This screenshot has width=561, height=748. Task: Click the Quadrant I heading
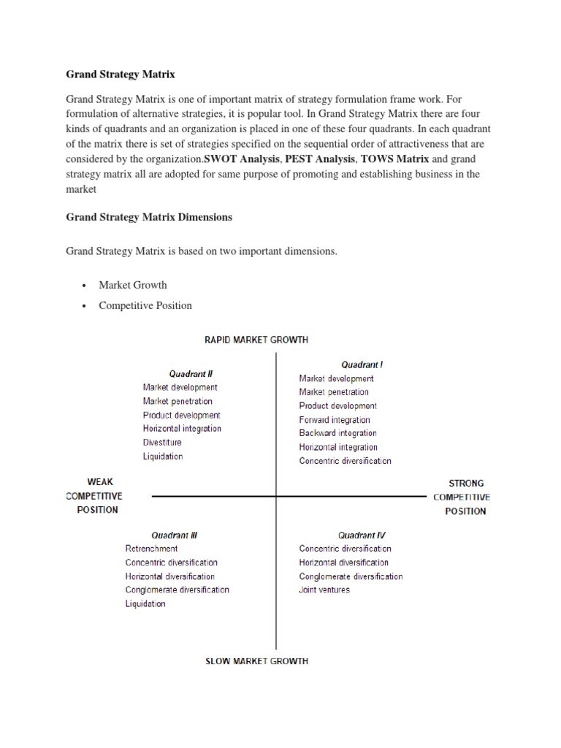click(362, 364)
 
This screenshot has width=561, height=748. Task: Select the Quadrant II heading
click(191, 373)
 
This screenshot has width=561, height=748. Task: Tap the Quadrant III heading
click(174, 535)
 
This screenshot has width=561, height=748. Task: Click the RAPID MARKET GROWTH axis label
click(255, 340)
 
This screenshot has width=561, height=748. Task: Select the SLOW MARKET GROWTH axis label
click(256, 661)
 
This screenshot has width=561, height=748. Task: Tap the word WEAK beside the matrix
click(100, 482)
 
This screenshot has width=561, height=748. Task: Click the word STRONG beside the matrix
click(465, 483)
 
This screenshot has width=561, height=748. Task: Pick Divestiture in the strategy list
click(162, 443)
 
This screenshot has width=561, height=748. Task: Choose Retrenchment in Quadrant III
click(151, 549)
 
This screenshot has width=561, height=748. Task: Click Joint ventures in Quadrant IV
click(324, 590)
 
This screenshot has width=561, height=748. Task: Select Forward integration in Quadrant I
click(335, 420)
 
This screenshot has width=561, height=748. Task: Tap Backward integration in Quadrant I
click(337, 433)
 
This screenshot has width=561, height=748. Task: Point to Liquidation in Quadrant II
click(163, 457)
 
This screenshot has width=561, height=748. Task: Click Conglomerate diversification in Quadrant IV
click(351, 576)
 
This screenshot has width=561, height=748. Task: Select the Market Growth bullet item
click(133, 285)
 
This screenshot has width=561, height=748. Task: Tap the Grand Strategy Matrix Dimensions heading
click(149, 217)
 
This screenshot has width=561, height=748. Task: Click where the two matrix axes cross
click(276, 496)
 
